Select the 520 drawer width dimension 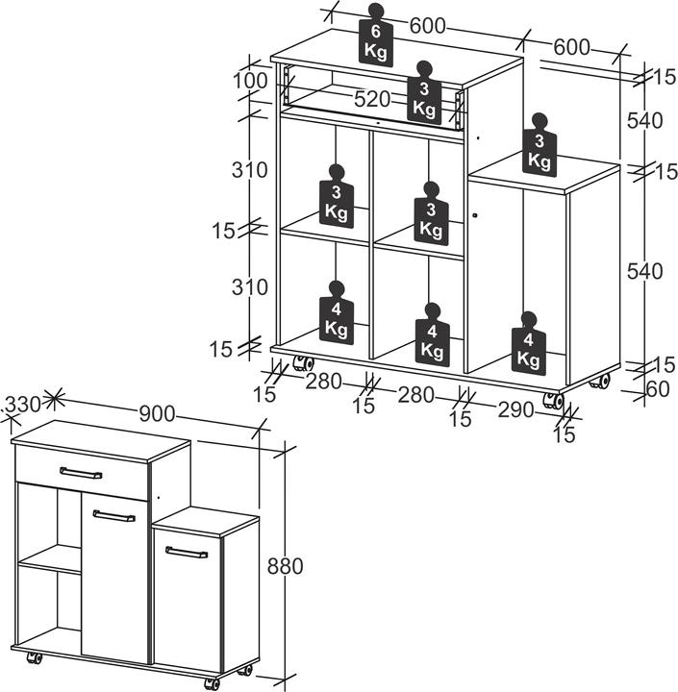372,99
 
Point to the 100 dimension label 250,81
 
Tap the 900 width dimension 158,414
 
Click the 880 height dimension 286,566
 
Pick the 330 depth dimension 23,405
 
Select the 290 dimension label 515,410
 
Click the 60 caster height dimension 658,389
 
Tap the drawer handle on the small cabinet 81,473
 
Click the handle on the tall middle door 114,515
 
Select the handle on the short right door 187,552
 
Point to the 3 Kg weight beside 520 424,93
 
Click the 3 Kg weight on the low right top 540,145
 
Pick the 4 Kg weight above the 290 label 529,343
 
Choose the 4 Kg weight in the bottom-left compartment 337,313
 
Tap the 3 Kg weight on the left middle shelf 337,196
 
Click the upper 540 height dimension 645,120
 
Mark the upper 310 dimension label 250,170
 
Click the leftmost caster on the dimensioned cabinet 303,363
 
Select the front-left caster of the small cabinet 34,657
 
